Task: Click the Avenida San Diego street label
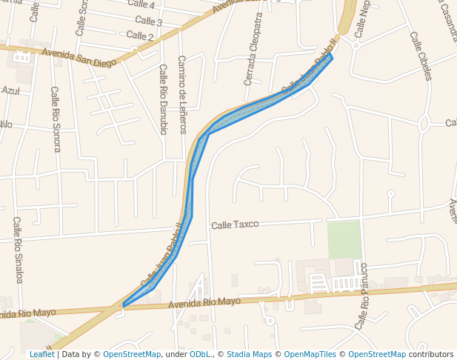coord(79,58)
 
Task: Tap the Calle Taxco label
coord(235,224)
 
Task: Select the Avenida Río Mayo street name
coord(204,302)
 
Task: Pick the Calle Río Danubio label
coord(163,99)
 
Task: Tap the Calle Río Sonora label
coord(56,119)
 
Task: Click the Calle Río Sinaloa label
coord(19,250)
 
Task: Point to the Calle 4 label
coord(141,4)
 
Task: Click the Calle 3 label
coord(149,21)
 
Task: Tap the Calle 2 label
coord(140,36)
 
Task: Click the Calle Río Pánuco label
coord(362,296)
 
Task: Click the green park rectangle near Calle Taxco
coord(344,239)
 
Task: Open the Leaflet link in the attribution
coord(41,355)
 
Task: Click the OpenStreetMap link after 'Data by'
coord(132,355)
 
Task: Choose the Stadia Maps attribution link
coord(249,355)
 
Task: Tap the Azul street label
coord(10,90)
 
